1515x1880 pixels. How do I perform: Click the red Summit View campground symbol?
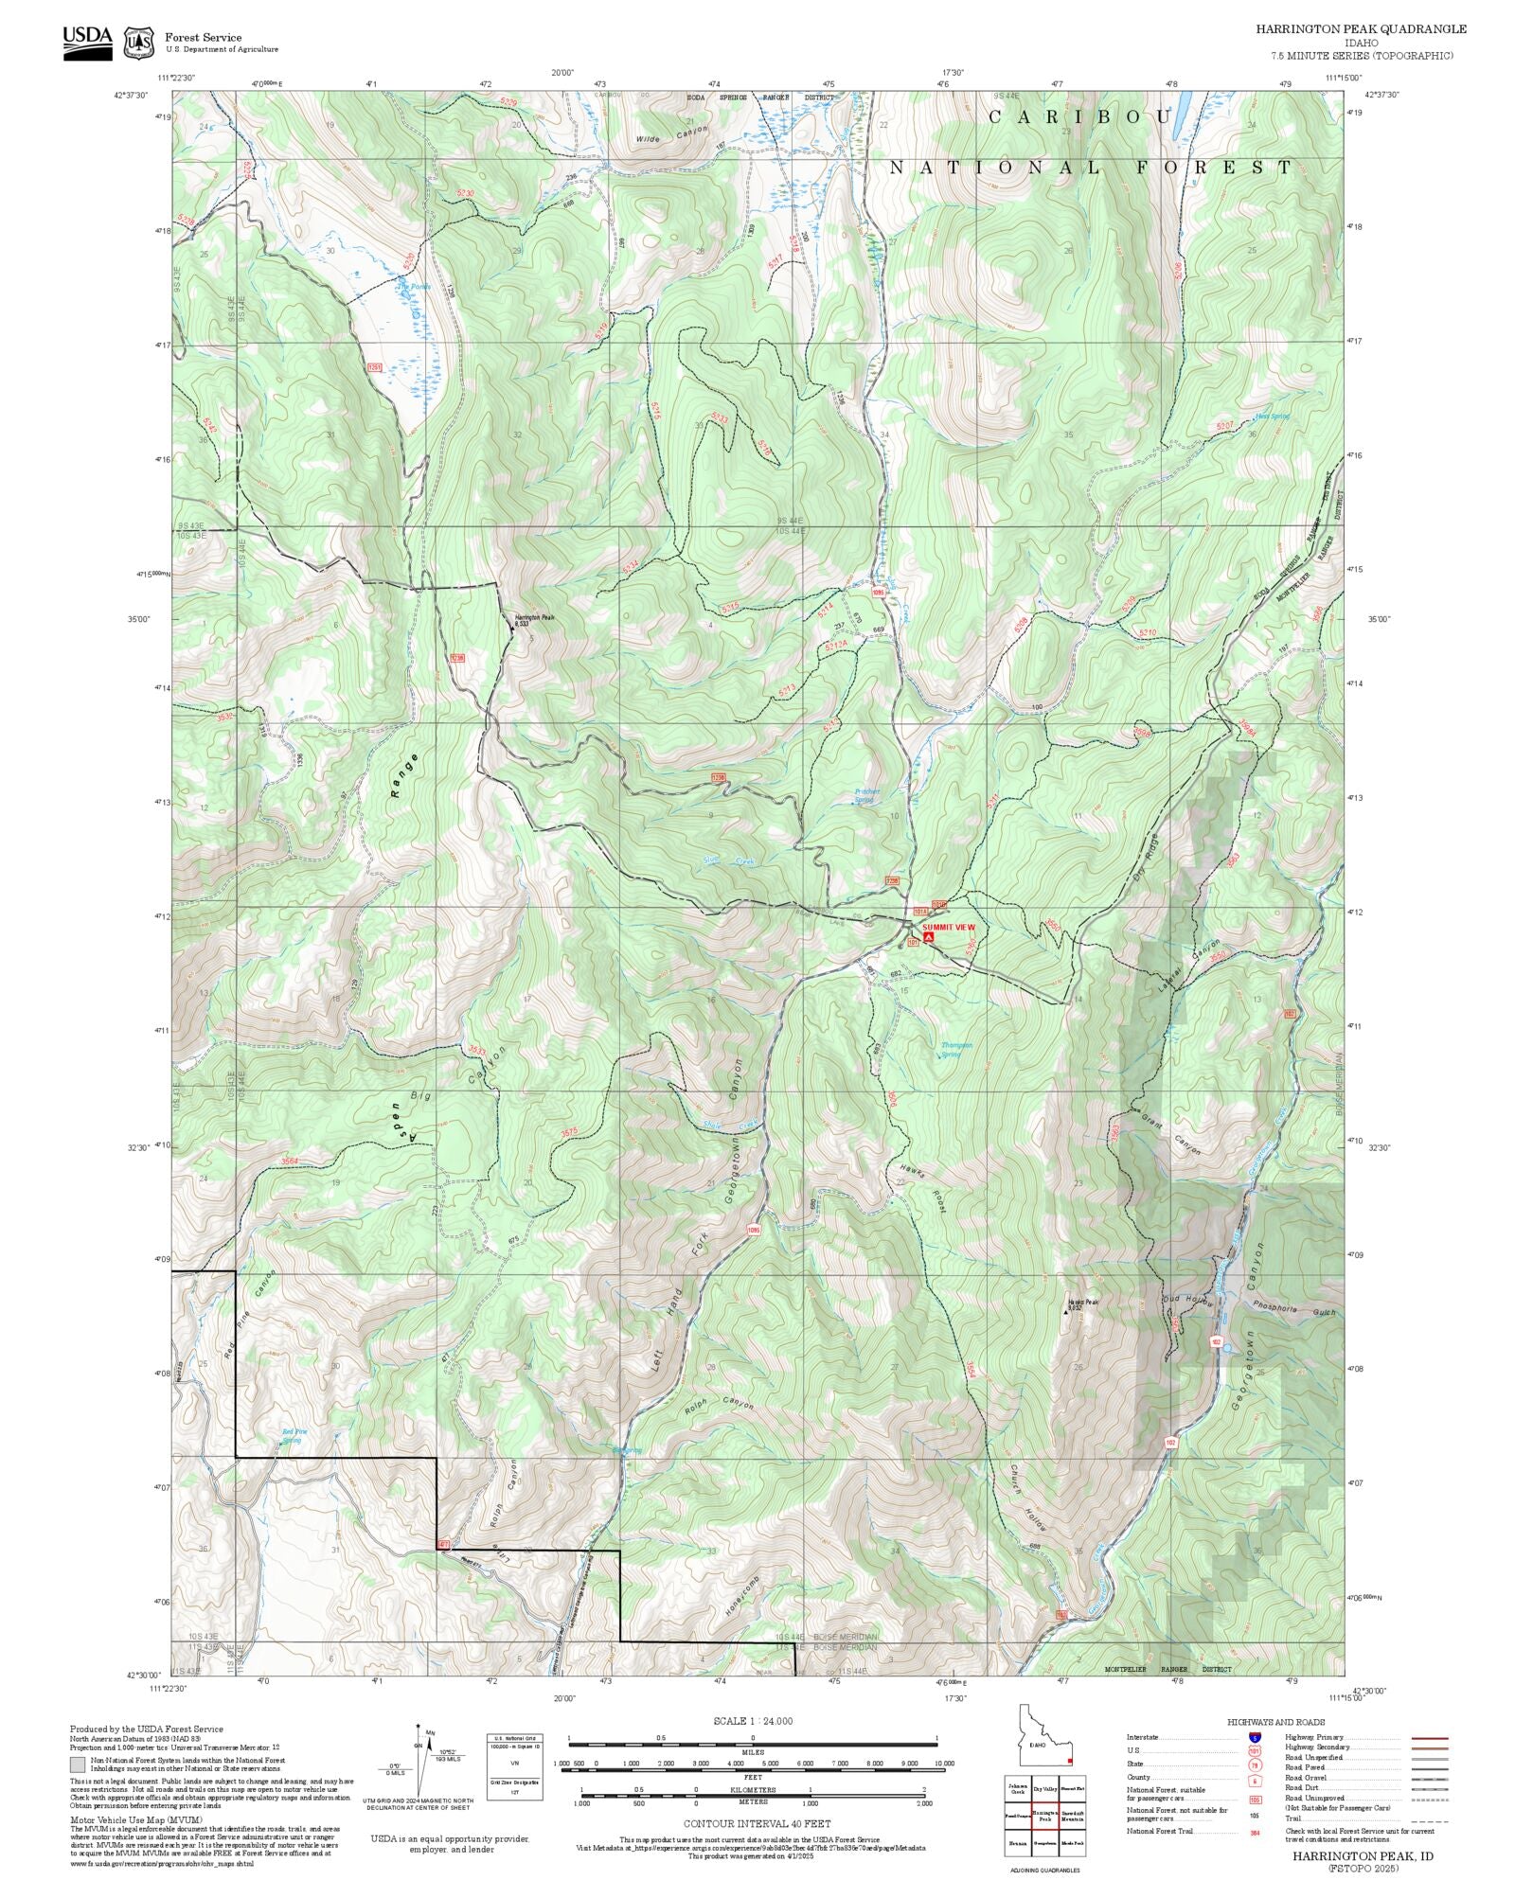point(928,936)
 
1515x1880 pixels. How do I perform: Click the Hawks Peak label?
point(1083,1304)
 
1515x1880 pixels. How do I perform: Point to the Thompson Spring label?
point(956,1049)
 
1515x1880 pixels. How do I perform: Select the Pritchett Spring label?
point(866,795)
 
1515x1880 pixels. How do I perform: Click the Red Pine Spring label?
point(294,1435)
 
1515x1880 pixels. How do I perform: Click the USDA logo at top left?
point(87,42)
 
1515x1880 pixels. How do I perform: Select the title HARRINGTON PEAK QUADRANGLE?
point(1361,29)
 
